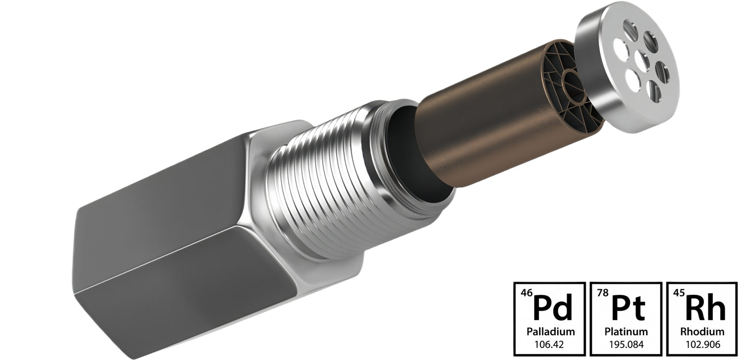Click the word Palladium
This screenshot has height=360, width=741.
coord(550,331)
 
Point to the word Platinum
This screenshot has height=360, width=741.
coord(626,331)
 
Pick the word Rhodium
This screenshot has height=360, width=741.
coord(702,331)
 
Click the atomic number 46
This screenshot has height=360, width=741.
coord(527,293)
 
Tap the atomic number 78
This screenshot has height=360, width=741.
coord(603,293)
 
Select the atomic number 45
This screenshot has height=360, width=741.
coord(679,293)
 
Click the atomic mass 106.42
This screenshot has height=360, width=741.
coord(549,345)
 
